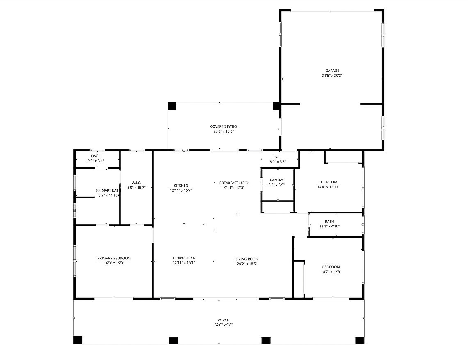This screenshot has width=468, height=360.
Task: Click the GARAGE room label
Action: click(x=332, y=71)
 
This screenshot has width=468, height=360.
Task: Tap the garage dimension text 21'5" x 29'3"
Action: click(x=332, y=76)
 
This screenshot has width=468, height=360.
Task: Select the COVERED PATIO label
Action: click(x=223, y=127)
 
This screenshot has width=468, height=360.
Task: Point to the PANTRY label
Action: click(x=276, y=180)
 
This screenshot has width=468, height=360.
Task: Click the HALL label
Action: click(x=278, y=157)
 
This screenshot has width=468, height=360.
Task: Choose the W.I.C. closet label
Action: click(x=136, y=183)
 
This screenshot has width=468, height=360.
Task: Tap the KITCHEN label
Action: click(x=181, y=186)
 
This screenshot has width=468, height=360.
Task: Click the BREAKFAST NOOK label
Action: click(x=234, y=183)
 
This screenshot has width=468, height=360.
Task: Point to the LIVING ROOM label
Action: click(x=247, y=259)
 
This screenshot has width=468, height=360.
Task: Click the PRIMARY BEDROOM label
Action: click(x=114, y=259)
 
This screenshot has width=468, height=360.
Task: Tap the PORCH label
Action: click(x=223, y=320)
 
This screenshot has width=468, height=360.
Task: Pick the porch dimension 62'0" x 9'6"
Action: click(x=223, y=325)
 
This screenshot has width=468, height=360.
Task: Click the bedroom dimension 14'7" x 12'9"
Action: click(x=331, y=272)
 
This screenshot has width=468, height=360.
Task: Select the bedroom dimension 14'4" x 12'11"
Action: click(x=328, y=187)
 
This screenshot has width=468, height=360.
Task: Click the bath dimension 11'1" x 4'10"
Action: click(x=329, y=227)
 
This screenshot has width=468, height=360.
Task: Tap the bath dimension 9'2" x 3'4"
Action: click(x=96, y=161)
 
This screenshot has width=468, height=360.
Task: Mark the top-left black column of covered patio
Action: click(x=171, y=106)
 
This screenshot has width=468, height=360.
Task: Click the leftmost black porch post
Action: click(x=78, y=340)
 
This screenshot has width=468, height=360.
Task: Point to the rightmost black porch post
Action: click(x=360, y=341)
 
